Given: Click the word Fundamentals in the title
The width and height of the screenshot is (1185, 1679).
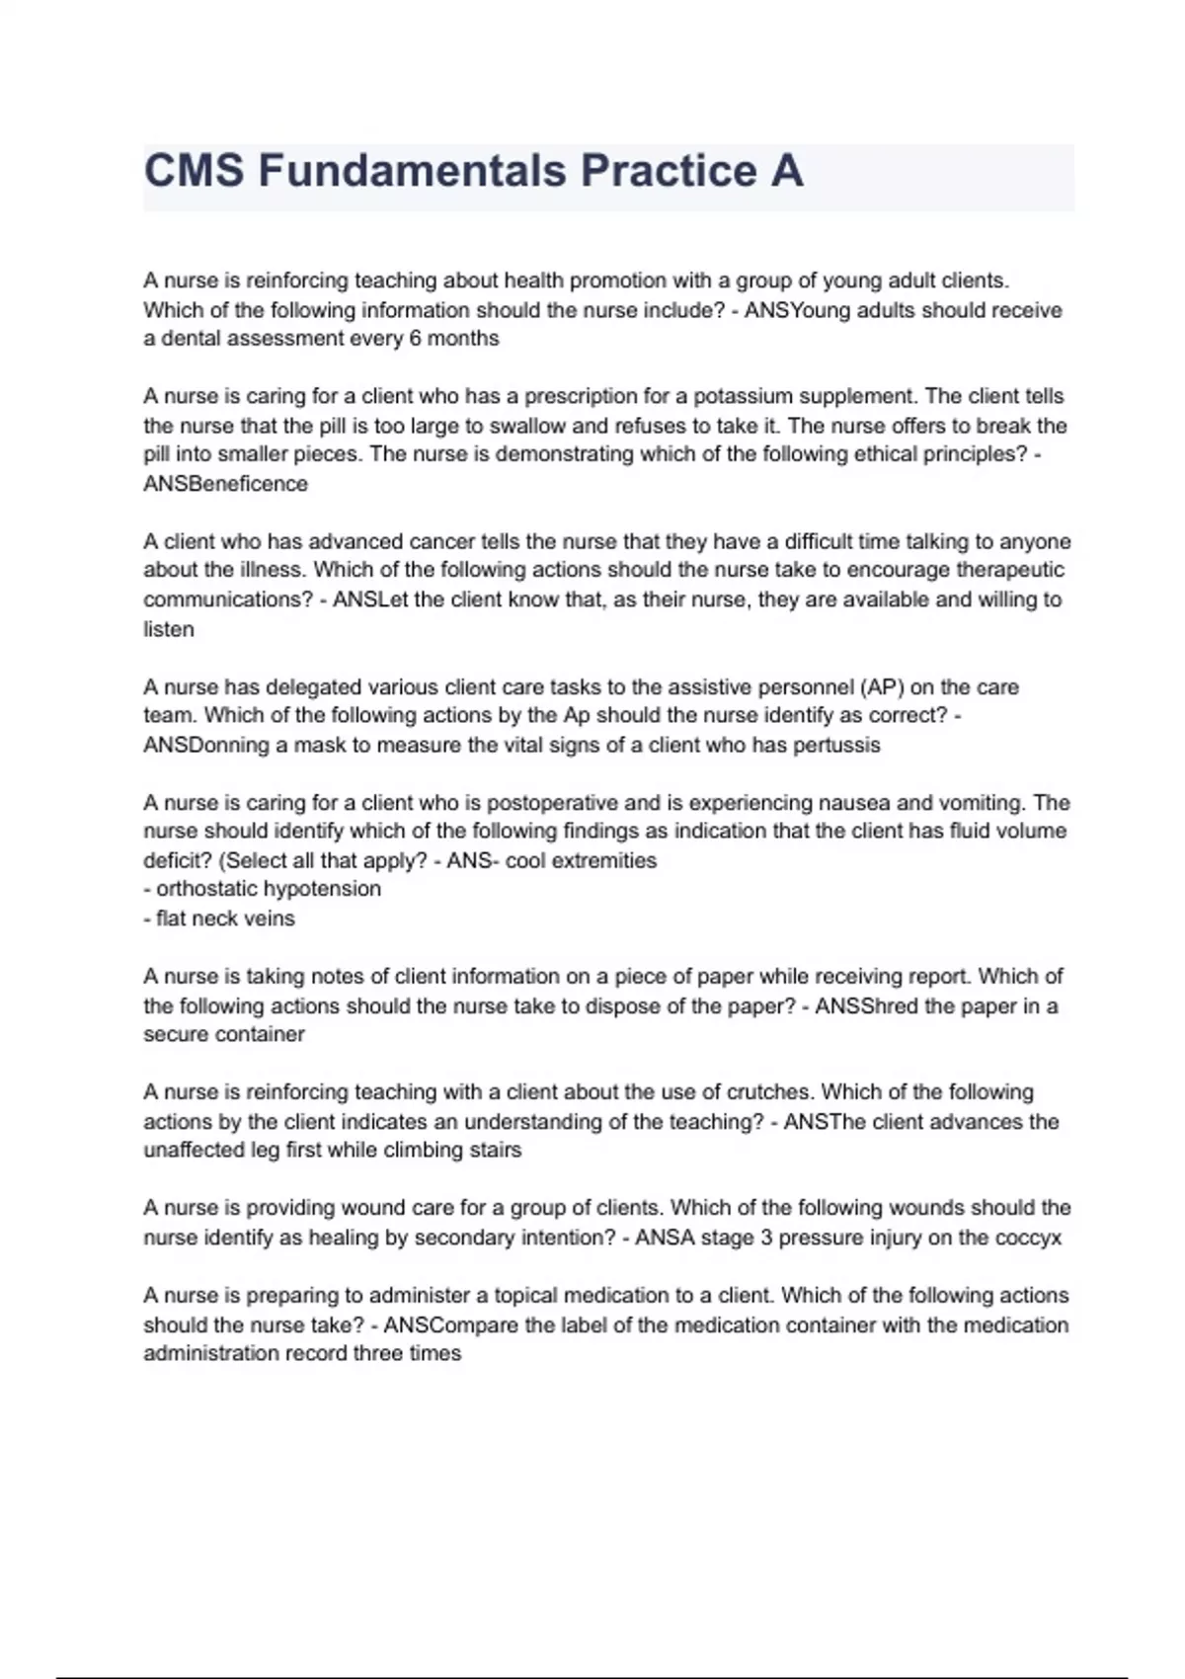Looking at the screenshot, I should [x=413, y=171].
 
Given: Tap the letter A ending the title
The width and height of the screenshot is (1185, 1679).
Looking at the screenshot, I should [x=787, y=171].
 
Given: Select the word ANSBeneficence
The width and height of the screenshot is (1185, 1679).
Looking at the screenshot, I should [x=225, y=484].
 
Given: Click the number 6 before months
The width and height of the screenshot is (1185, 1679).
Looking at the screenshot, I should [x=416, y=339].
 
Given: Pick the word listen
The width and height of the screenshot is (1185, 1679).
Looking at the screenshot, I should [x=168, y=629].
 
